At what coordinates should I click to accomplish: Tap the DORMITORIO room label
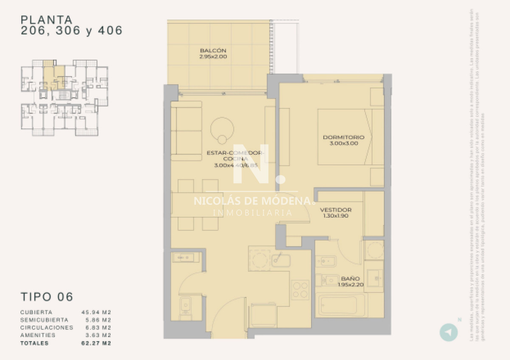click(x=343, y=137)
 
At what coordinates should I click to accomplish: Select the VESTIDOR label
click(x=336, y=210)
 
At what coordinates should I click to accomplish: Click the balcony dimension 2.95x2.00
click(x=213, y=57)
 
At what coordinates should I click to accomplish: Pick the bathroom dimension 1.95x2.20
click(x=351, y=285)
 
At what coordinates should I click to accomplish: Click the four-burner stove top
click(x=300, y=290)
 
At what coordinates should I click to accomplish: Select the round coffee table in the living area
click(x=222, y=128)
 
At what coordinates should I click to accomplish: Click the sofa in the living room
click(x=186, y=131)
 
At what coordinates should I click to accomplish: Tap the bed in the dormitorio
click(x=344, y=137)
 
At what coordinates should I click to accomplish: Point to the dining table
click(x=198, y=205)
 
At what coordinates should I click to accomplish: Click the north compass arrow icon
click(x=448, y=332)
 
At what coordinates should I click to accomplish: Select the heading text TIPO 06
click(x=47, y=296)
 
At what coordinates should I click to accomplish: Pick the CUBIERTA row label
click(x=36, y=312)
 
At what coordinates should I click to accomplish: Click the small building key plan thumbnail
click(x=64, y=98)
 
